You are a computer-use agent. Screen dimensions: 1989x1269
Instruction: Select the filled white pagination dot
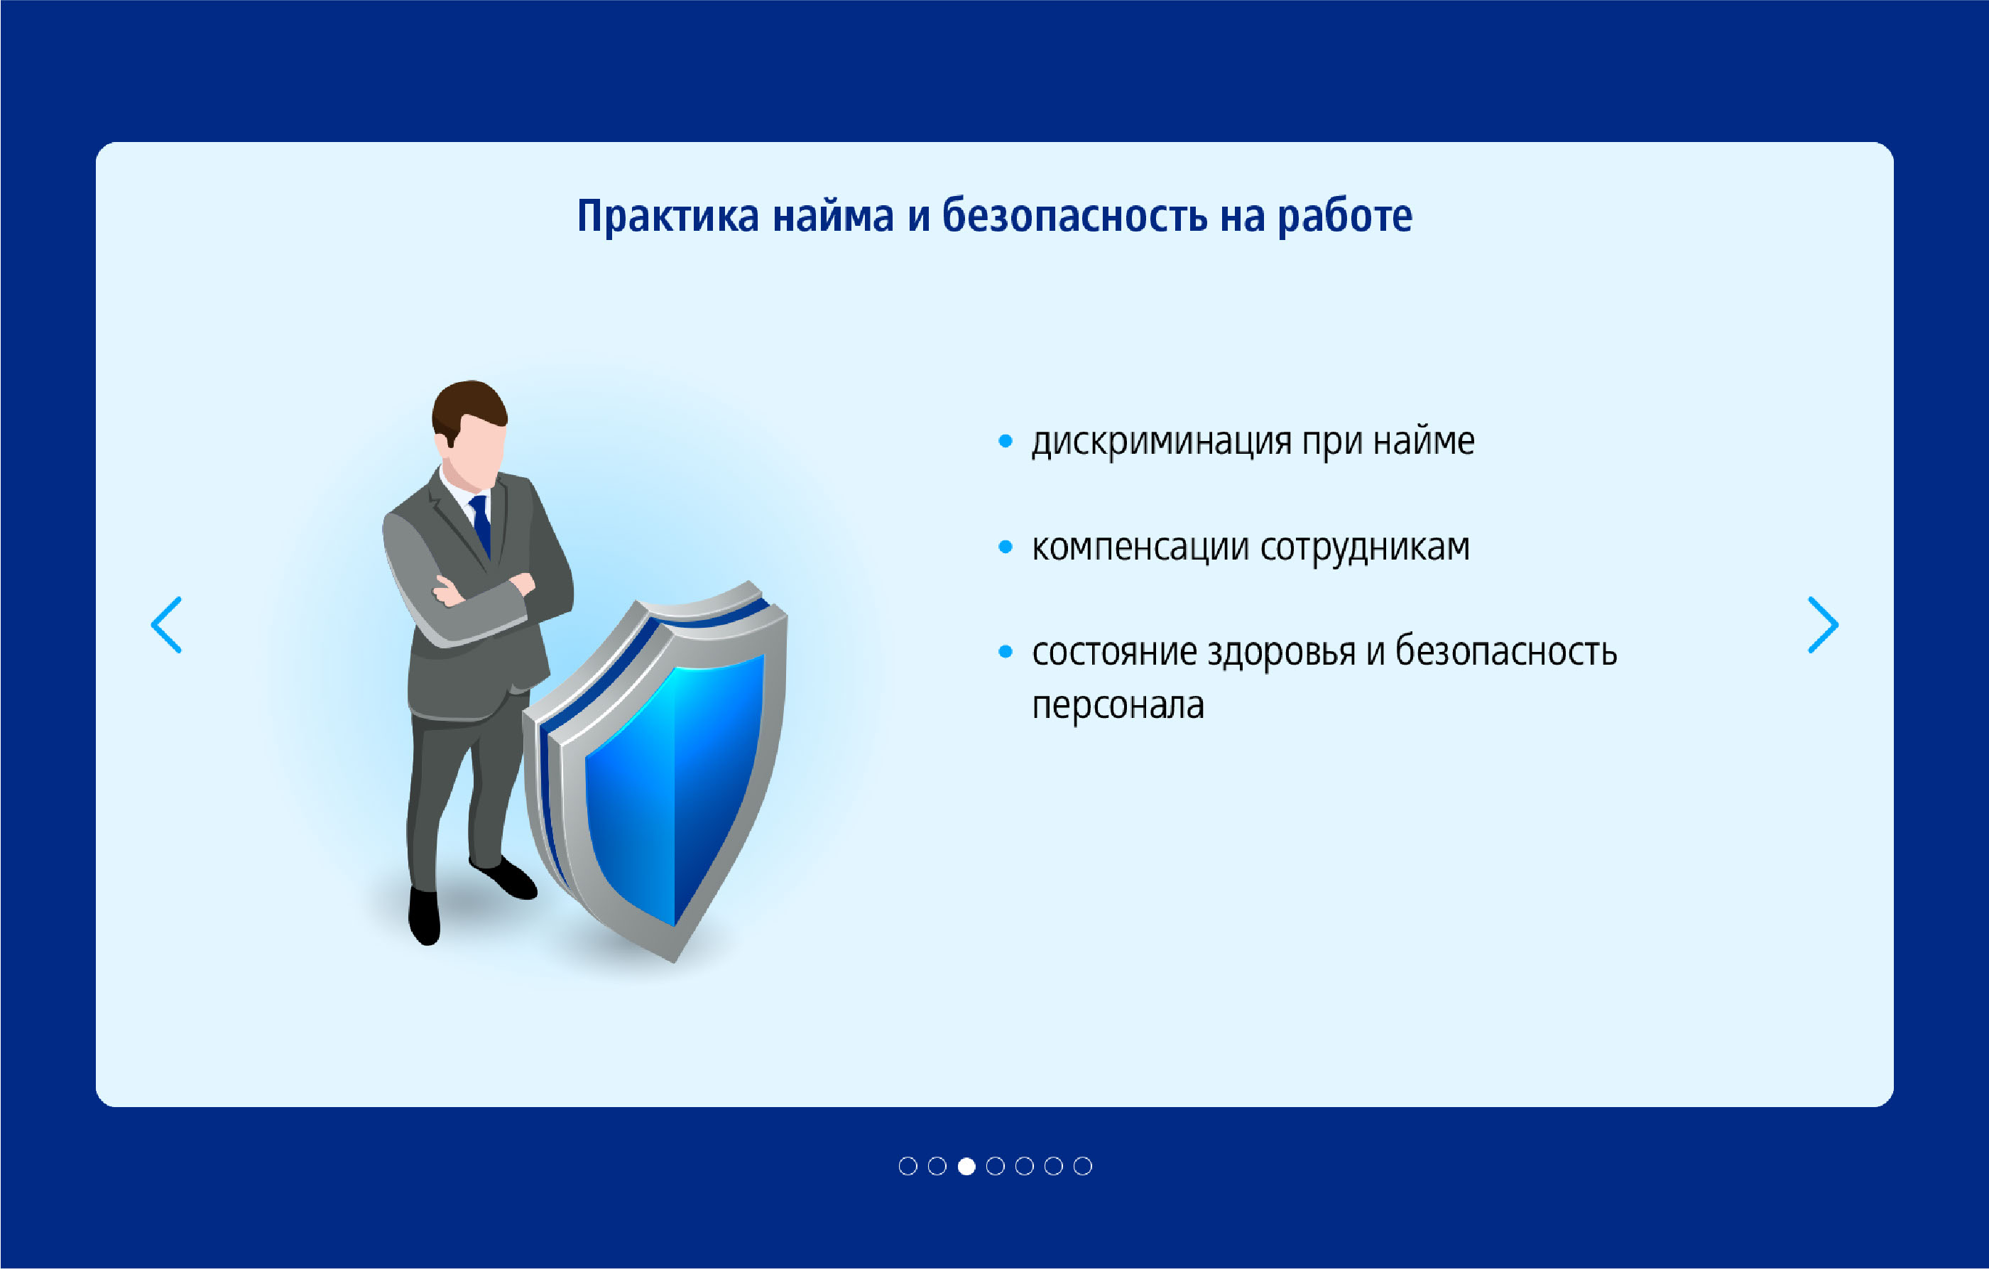click(x=966, y=1166)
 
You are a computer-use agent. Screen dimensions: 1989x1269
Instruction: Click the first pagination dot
click(x=908, y=1166)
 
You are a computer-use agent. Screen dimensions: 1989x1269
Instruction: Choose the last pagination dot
click(x=1082, y=1166)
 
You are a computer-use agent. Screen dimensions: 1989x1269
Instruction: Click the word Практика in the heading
click(x=667, y=217)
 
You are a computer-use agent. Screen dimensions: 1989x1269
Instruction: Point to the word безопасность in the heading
click(x=1074, y=217)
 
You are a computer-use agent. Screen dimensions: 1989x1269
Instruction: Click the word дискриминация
click(x=1161, y=442)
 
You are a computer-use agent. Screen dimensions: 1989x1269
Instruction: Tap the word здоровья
click(x=1281, y=653)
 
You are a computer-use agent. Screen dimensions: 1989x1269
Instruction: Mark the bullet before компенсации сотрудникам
click(x=1006, y=546)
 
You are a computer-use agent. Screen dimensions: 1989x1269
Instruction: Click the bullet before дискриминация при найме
click(x=1006, y=441)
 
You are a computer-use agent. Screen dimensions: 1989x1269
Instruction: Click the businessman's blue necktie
click(x=481, y=524)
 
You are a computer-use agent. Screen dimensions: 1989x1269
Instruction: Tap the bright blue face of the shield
click(x=673, y=785)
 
